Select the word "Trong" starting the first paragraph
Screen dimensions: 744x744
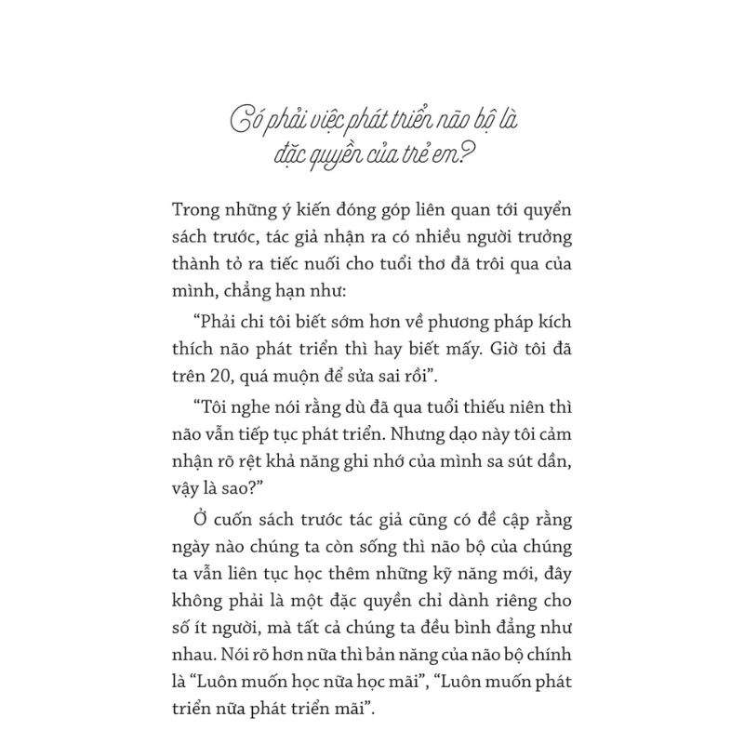click(x=200, y=211)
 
